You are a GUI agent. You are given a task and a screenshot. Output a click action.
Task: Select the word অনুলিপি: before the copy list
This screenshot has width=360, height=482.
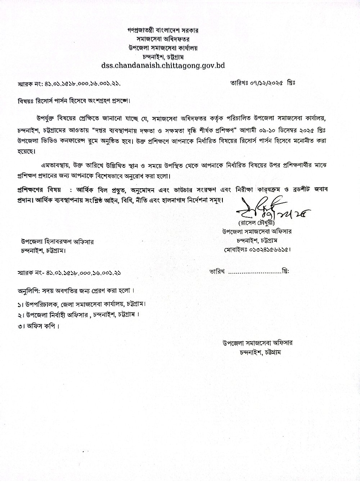pos(29,290)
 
